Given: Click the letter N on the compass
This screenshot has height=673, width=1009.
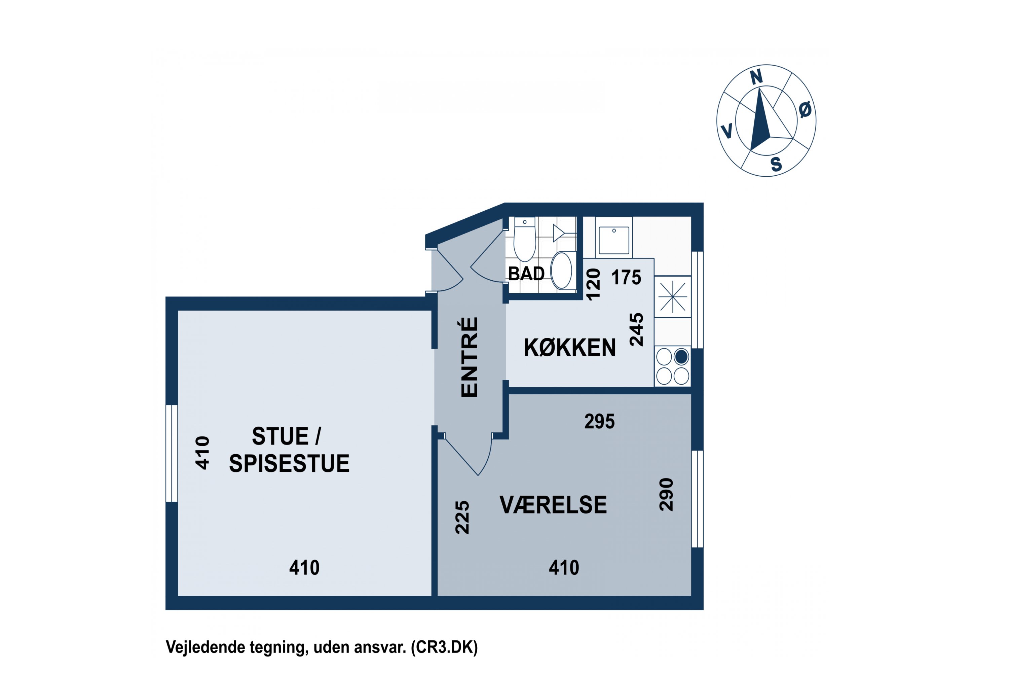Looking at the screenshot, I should click(x=756, y=78).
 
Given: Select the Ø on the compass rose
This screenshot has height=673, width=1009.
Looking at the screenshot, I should click(x=805, y=110).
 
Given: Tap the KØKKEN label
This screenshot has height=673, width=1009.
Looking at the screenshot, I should click(x=569, y=348).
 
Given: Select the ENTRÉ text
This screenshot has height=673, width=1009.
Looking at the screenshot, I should click(x=469, y=357).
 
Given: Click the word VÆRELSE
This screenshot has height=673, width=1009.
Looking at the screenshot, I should click(x=553, y=505).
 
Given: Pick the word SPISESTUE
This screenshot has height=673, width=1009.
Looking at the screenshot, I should click(x=289, y=464).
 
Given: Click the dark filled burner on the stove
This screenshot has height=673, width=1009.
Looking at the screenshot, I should click(x=681, y=357).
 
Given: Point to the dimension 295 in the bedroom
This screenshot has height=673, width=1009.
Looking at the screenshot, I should click(x=599, y=422).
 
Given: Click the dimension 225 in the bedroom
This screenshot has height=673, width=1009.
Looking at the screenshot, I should click(x=462, y=517).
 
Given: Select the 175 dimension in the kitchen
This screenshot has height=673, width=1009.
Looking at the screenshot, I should click(x=626, y=278).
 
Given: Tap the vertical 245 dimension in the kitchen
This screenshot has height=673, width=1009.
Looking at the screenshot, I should click(x=637, y=330).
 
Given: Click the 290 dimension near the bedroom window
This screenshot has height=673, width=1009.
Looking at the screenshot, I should click(x=666, y=494).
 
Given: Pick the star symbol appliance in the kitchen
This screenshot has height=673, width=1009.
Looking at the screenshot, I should click(x=673, y=296).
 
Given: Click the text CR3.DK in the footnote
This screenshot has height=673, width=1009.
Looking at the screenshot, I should click(x=444, y=647).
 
